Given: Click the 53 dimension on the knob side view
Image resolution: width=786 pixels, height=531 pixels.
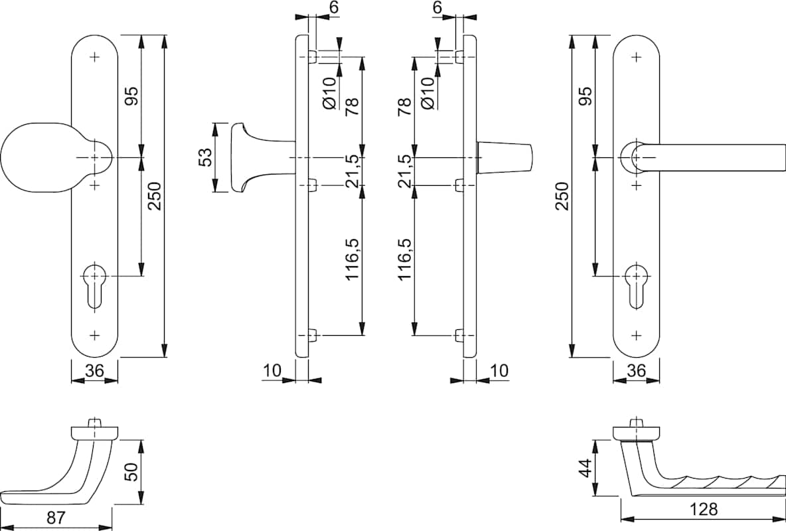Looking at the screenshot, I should [206, 157].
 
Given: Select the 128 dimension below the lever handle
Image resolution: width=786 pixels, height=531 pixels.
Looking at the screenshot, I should [704, 509].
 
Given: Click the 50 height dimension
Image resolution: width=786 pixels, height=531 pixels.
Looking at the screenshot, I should [131, 471].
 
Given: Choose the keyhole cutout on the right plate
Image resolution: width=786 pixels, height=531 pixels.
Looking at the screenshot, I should [636, 284].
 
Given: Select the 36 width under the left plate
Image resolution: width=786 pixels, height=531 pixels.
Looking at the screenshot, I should [94, 371].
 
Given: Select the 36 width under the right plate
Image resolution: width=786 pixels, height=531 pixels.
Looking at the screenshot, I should [636, 371].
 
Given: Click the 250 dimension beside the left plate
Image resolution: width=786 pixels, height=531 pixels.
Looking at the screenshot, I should [154, 196].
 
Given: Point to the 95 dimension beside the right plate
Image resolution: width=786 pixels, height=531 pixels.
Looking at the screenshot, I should [585, 96].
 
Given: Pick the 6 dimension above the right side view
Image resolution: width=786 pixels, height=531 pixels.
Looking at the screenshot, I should [437, 7].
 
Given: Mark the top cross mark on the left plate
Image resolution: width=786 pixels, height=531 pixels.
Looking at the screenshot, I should [94, 56].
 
